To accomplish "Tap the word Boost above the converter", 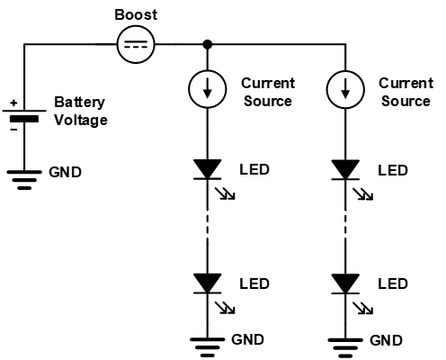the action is coord(136,14).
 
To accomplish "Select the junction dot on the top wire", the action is coord(207,44).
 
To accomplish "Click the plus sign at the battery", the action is coord(13,103).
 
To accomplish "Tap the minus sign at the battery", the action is coord(13,130).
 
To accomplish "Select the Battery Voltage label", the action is coord(81,112).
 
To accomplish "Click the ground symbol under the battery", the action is coord(24,180).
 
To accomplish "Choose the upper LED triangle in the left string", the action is coord(207,169).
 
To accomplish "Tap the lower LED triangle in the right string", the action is coord(345,283).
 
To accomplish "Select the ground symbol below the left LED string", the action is coord(207,347).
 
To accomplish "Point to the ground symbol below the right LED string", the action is coord(345,348).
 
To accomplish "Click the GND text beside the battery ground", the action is coord(65,172).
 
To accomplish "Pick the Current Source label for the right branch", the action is coord(406,92).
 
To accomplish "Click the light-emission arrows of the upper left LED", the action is coord(226,193).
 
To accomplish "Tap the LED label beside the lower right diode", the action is coord(393,283).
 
